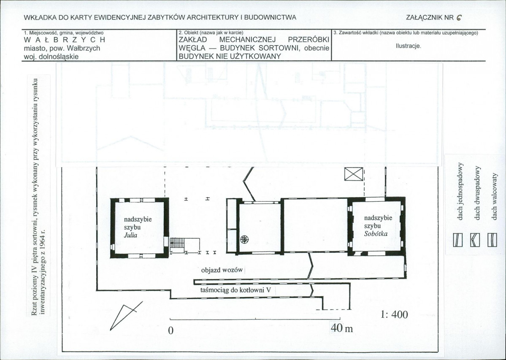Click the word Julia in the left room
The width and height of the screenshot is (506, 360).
tap(130, 235)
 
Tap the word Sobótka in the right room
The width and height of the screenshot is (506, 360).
tap(376, 233)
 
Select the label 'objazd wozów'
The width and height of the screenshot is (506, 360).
tap(222, 270)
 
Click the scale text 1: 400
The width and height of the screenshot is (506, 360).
tap(394, 314)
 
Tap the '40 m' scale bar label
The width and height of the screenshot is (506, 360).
tap(342, 328)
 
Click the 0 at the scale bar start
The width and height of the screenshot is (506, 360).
tap(171, 331)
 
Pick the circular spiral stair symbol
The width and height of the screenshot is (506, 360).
tap(245, 239)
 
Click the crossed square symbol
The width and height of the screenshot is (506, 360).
tap(354, 174)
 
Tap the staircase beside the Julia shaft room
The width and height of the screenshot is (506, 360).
tap(177, 243)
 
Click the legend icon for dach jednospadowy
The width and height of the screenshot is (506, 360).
tap(457, 240)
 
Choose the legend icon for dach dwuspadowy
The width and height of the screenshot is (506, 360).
tap(475, 240)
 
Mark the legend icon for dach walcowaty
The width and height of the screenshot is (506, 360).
tap(492, 240)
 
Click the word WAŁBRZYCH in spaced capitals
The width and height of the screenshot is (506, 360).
tap(65, 40)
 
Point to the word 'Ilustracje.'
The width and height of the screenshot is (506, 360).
tap(408, 46)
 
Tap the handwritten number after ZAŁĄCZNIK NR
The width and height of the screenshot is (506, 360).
tap(460, 18)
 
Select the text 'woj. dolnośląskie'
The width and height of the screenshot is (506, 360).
tap(51, 57)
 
